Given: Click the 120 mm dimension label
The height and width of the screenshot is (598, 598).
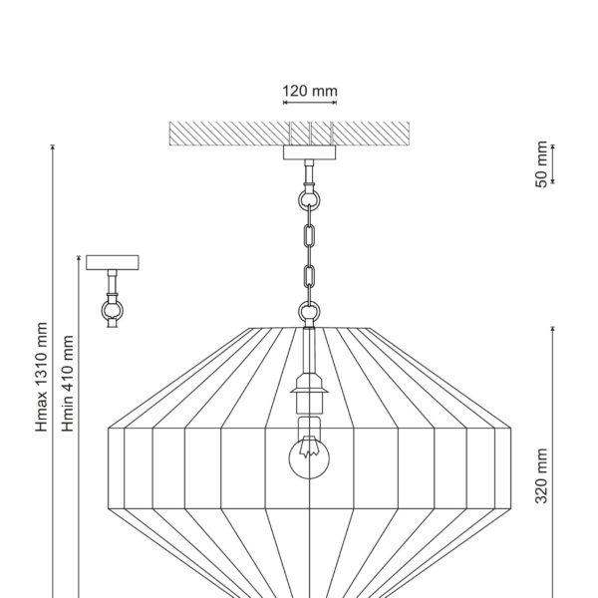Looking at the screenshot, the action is [x=310, y=91].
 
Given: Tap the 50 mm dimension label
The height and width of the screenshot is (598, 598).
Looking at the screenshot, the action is [x=541, y=164].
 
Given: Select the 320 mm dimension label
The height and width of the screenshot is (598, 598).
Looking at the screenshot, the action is [x=541, y=476].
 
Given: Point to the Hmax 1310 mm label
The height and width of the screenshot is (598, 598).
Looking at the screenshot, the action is [x=41, y=377].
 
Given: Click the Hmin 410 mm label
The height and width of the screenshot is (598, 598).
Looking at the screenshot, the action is [x=67, y=384].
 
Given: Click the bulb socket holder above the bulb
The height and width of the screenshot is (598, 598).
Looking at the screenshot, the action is [x=309, y=394].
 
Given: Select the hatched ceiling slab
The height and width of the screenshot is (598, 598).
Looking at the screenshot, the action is [x=289, y=134].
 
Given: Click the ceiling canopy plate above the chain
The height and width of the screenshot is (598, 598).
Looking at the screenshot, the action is [x=309, y=152].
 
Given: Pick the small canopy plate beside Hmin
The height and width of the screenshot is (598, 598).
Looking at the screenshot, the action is [x=113, y=263].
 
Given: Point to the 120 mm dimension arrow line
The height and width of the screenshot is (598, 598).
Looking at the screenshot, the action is [x=310, y=103].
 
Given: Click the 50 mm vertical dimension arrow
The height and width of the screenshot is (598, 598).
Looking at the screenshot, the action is [x=552, y=164].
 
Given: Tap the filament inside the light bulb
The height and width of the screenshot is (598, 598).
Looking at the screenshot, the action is [x=309, y=447].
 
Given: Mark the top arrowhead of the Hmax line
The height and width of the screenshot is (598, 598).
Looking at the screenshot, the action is [x=53, y=148].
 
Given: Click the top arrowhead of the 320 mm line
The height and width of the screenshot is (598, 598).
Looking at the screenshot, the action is [x=552, y=329].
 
